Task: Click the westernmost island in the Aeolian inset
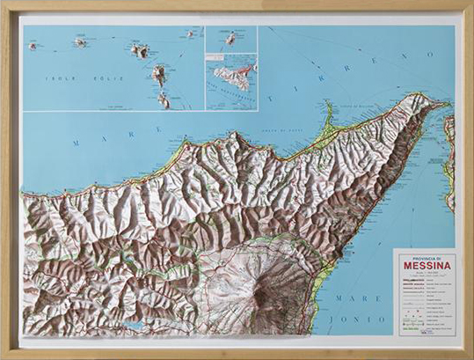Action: click(33, 46)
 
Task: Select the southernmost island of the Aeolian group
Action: click(163, 100)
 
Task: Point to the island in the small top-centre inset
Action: click(230, 39)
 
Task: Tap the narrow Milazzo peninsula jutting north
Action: click(330, 113)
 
